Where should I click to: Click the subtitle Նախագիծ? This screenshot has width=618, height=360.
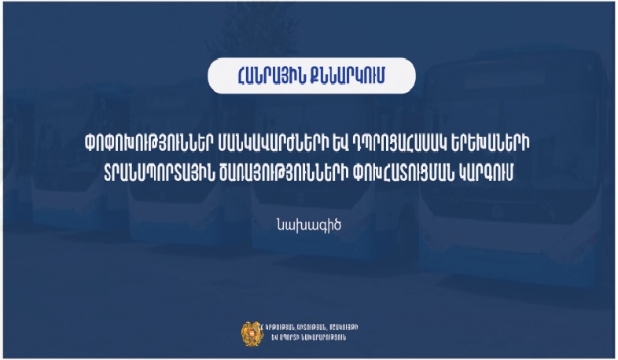(x=309, y=222)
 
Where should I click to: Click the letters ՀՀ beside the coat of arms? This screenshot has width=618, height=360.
(x=262, y=326)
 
